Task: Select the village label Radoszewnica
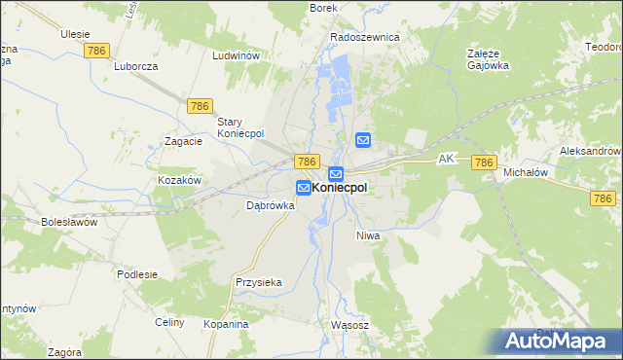coord(365,37)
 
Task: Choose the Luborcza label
coord(135,67)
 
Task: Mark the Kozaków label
coord(179,181)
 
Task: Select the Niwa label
coord(367,236)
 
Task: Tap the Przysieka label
coord(258,282)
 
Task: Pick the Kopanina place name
coord(226,324)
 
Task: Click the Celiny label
coord(169,322)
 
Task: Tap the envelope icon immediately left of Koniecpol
coord(304,188)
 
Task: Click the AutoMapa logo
coord(560,340)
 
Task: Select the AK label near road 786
coord(447,158)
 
